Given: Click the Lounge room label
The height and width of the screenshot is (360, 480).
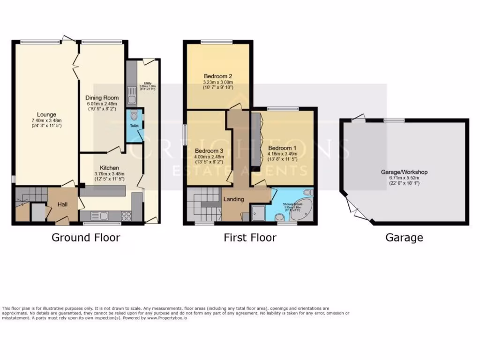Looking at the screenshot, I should [x=47, y=114].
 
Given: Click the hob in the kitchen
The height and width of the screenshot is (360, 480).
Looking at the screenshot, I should [x=126, y=216].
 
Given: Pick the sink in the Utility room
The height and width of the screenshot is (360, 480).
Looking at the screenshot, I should [x=129, y=90].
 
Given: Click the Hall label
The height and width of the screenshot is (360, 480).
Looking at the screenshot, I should [x=63, y=204].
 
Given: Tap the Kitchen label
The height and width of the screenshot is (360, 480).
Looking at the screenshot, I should [x=109, y=168].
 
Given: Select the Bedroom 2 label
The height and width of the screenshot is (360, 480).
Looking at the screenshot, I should [x=218, y=76].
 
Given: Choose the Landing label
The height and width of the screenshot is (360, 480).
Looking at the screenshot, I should [x=233, y=199].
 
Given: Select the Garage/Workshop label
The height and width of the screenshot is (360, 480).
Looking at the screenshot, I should [x=404, y=172].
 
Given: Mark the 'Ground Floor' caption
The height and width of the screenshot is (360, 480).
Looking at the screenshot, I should [x=85, y=238].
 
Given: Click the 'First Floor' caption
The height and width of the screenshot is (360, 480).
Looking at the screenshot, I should [x=250, y=238].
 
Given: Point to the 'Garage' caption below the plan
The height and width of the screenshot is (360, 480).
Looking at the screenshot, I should [x=404, y=238].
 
